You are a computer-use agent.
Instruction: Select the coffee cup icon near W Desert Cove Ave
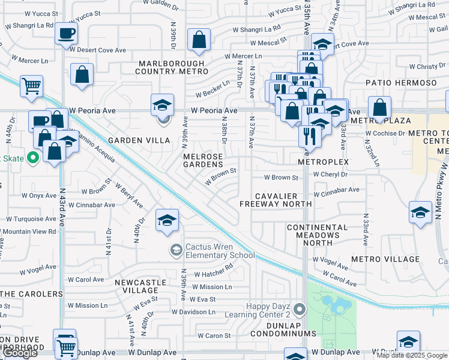coord(67,34)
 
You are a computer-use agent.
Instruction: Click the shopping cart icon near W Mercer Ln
coord(31,85)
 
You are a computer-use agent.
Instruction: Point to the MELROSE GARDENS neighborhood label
coord(203,160)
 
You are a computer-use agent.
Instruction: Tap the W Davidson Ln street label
coord(193,312)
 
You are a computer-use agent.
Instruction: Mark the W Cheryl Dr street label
coord(330,175)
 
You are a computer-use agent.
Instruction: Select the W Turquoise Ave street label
coord(31,219)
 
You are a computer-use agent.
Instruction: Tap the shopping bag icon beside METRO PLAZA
coord(379,108)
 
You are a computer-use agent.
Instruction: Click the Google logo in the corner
coord(19,353)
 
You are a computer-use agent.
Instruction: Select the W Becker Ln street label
coord(213,89)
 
